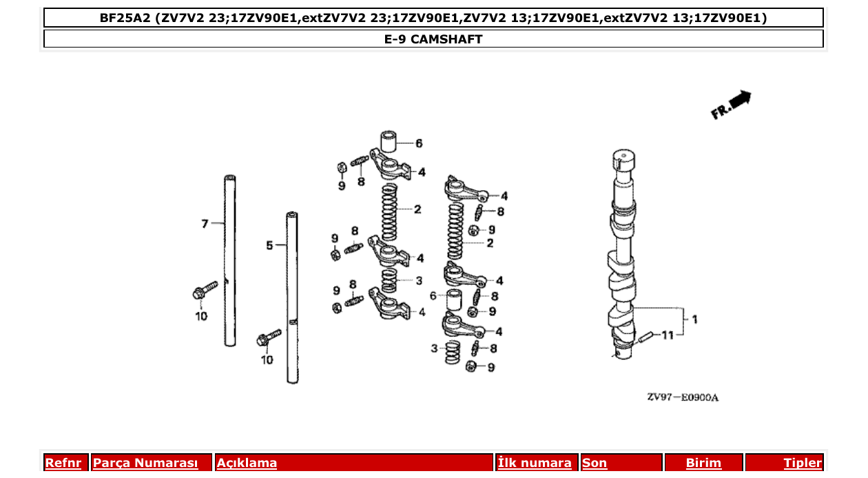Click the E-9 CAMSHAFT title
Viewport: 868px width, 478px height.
click(x=433, y=39)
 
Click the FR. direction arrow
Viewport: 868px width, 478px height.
click(x=732, y=105)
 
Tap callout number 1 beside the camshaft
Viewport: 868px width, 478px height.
click(x=694, y=320)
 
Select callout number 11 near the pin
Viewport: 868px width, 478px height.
click(x=667, y=335)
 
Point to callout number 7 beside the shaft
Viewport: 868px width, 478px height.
click(x=204, y=224)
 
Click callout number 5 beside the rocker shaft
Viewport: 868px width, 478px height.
click(x=270, y=245)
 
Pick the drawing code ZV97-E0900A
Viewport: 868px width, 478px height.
click(x=682, y=397)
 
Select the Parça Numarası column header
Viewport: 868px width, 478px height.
click(x=145, y=463)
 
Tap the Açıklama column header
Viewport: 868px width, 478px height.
click(x=247, y=463)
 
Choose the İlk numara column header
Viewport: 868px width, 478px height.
click(x=535, y=463)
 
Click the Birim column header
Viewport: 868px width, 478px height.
click(x=703, y=463)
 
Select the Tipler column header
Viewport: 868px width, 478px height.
click(x=802, y=463)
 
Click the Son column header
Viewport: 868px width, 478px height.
click(x=595, y=463)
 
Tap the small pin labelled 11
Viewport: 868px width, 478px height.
click(x=646, y=337)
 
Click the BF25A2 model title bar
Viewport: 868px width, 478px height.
click(x=433, y=18)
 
